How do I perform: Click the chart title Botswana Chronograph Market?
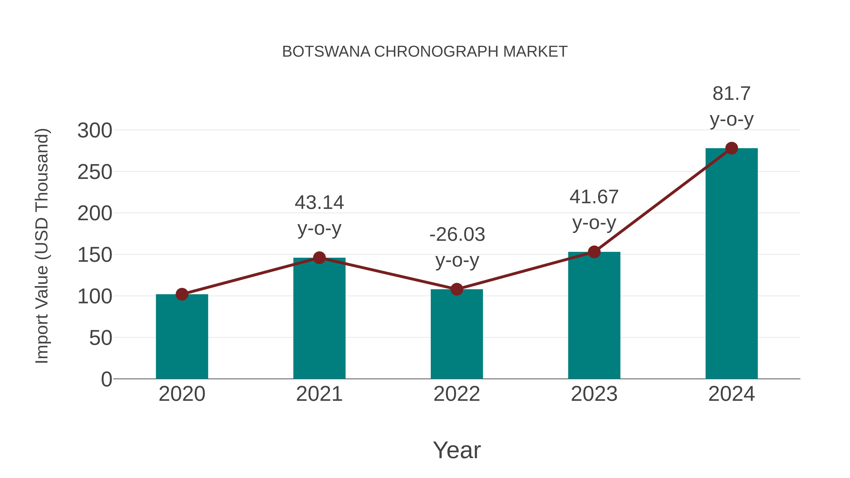coord(425,52)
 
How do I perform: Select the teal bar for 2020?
coord(182,336)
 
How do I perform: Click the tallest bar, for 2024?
coord(731,264)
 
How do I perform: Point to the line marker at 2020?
coord(182,294)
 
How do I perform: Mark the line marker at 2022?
coord(457,289)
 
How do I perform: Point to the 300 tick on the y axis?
coord(95,131)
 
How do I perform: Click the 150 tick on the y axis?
coord(95,255)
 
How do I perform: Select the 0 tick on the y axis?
coord(106,379)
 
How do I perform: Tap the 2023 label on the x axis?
coord(594,394)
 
